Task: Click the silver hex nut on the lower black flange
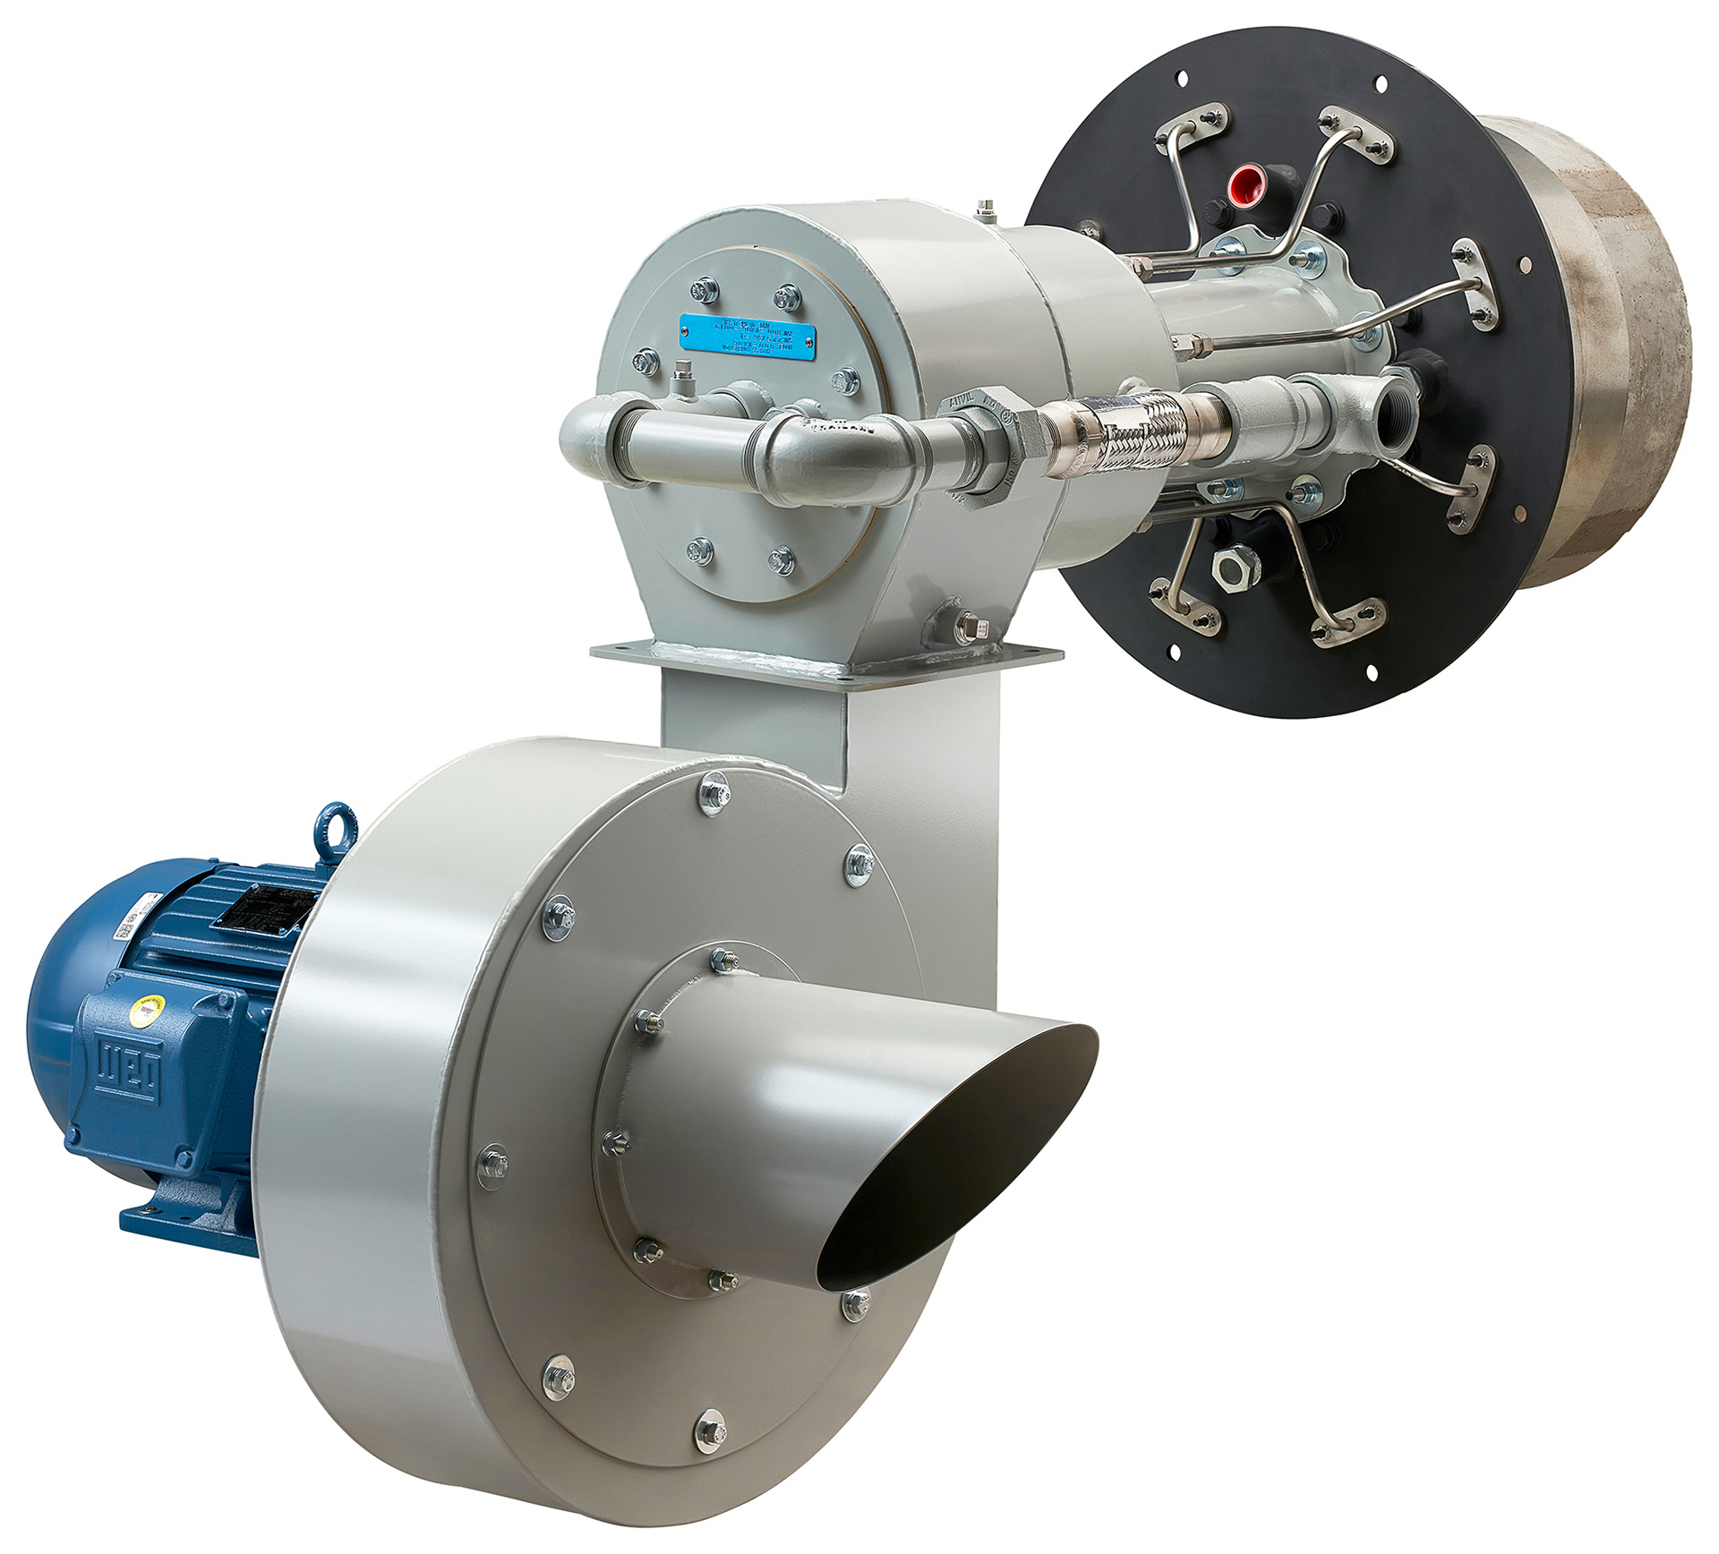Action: coord(1236,566)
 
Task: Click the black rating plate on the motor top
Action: coord(269,906)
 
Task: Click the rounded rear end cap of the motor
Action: coord(54,1012)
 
